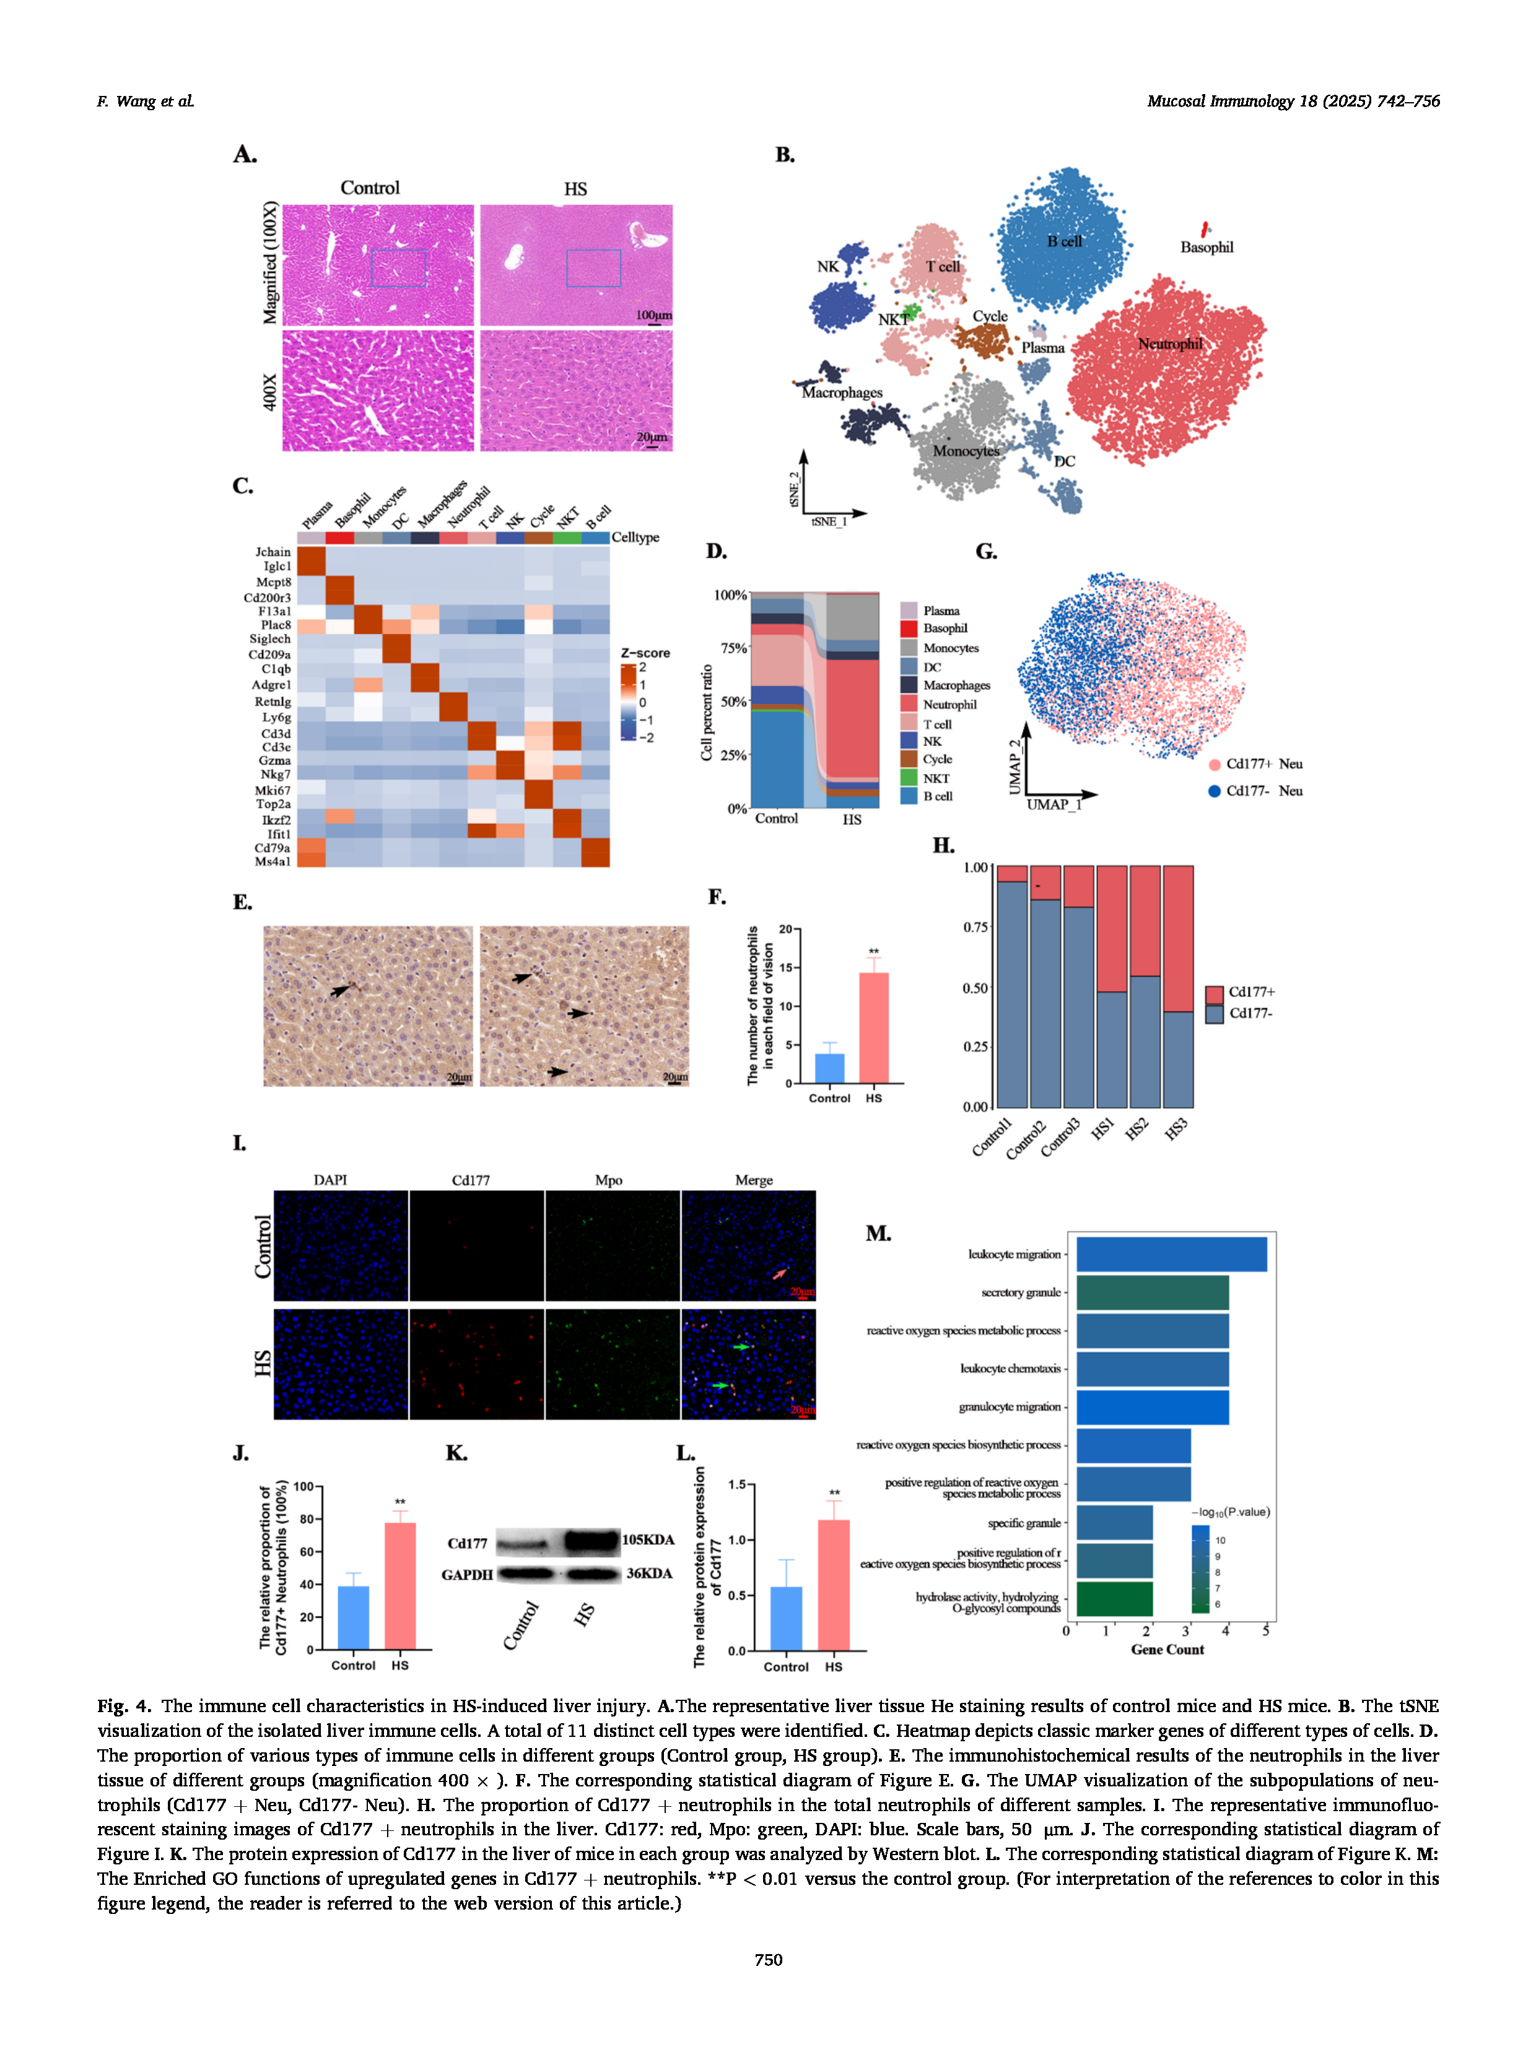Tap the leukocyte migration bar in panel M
(x=1171, y=1255)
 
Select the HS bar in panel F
(x=873, y=1027)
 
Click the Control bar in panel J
(x=353, y=1617)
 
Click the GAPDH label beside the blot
(x=466, y=1574)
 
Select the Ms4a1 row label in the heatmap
(x=273, y=862)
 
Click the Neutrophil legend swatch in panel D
(x=908, y=704)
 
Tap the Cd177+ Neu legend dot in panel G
(x=1214, y=764)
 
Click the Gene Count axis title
(x=1167, y=1649)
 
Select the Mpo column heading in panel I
(x=608, y=1180)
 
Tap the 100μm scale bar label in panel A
(x=653, y=316)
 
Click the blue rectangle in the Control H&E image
(x=398, y=269)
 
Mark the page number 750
(x=767, y=1959)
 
